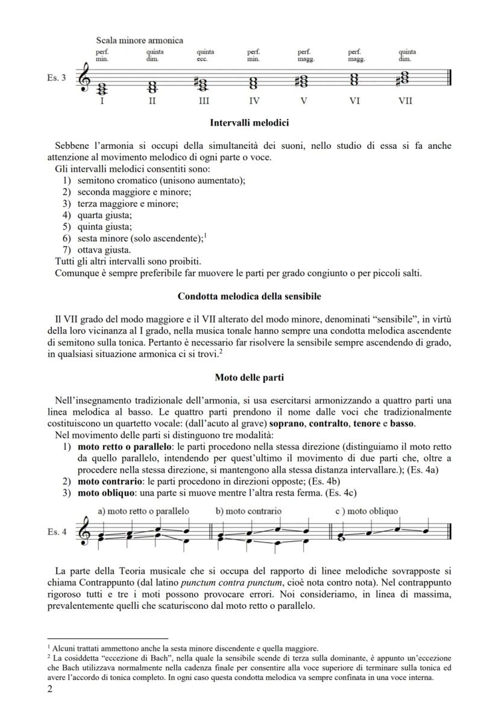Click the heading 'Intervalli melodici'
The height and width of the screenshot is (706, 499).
pos(249,123)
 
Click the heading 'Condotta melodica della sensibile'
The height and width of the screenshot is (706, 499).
pos(249,297)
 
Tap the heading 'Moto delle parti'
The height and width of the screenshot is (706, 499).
pos(249,378)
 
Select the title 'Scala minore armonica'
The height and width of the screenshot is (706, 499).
pos(139,40)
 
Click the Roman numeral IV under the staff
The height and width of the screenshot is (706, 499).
pos(254,101)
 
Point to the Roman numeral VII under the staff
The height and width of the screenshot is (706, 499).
pos(405,101)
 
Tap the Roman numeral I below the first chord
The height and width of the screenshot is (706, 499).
pos(102,101)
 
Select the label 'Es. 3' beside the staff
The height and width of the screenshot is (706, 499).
pos(57,78)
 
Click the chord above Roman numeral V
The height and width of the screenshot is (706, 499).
pos(303,80)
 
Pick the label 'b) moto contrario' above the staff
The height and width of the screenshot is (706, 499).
pos(248,511)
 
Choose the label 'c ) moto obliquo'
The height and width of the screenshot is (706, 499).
pos(366,511)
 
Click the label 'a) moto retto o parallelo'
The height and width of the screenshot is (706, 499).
pos(143,511)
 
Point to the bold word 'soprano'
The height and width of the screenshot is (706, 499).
pos(320,423)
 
